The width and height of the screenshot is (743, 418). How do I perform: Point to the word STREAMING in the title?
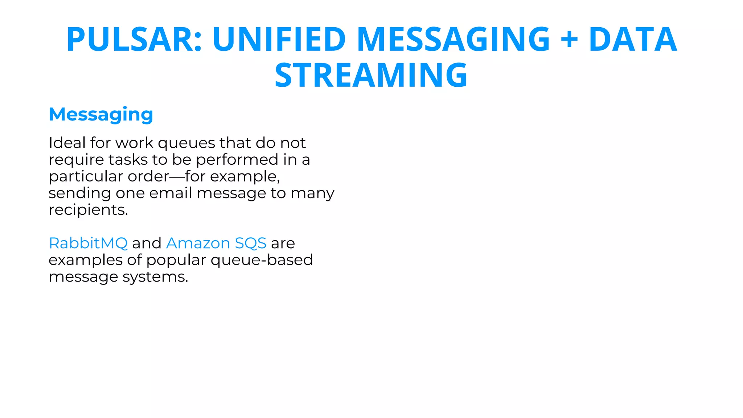pyautogui.click(x=371, y=75)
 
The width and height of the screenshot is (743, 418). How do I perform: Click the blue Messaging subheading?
pyautogui.click(x=101, y=115)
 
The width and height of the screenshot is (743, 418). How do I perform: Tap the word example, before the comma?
pyautogui.click(x=244, y=177)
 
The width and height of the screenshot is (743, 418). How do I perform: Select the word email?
pyautogui.click(x=171, y=193)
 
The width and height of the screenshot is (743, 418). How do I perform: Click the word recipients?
pyautogui.click(x=88, y=210)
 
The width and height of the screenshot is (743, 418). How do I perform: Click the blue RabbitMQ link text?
pyautogui.click(x=88, y=243)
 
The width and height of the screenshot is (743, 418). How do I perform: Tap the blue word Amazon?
pyautogui.click(x=198, y=243)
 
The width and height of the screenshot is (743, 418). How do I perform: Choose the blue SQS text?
pyautogui.click(x=250, y=243)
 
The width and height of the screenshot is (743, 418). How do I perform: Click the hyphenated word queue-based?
pyautogui.click(x=262, y=260)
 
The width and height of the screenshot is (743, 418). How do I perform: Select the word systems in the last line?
pyautogui.click(x=155, y=277)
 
